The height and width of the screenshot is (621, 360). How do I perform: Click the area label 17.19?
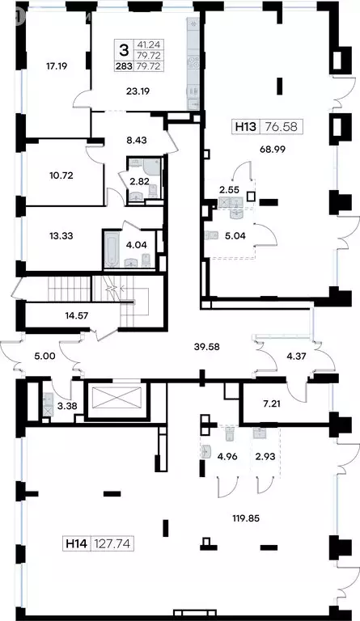point(57,66)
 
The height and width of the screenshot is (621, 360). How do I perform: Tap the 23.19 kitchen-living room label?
point(138,91)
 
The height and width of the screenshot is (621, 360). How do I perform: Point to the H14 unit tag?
point(76,543)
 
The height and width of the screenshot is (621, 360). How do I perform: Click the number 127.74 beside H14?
point(112,543)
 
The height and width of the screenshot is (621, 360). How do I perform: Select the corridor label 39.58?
point(207,347)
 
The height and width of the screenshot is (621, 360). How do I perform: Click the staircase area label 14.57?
point(77,315)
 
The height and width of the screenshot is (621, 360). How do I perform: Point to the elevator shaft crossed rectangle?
point(116,398)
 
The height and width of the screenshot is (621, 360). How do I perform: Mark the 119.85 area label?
point(246,517)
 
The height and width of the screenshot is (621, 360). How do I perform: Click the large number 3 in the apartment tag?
point(124,50)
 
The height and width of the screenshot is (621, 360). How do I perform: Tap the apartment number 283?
point(124,66)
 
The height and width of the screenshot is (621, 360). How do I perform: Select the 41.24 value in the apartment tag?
point(149,44)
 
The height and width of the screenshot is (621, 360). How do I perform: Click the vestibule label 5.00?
point(44,356)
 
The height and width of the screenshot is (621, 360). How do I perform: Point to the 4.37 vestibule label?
point(297,356)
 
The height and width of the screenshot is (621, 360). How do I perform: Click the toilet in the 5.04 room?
point(211,235)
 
